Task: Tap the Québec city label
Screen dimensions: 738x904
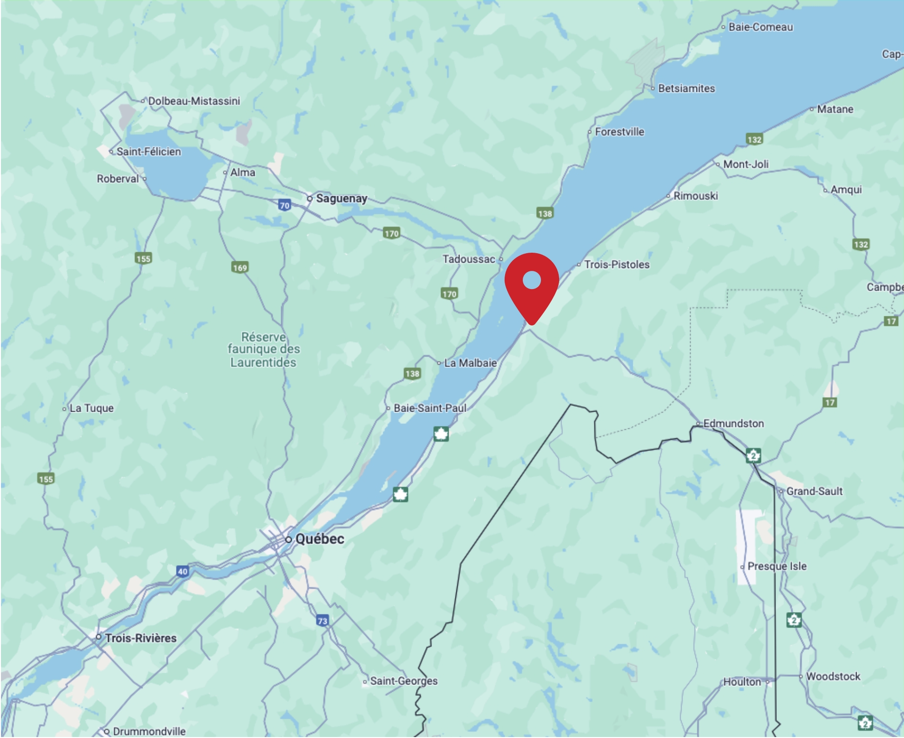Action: [x=320, y=539]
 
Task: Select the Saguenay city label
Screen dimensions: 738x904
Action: [x=341, y=198]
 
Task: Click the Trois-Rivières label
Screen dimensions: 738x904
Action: [x=141, y=638]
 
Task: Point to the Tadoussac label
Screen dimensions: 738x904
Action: [x=469, y=259]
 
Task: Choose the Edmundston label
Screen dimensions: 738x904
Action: [x=733, y=424]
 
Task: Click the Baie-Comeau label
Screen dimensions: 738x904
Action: [x=761, y=27]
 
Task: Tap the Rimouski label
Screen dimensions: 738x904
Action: [x=695, y=196]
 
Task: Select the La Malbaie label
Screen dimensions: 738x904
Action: [x=470, y=363]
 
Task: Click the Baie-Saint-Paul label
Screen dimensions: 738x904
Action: [x=430, y=408]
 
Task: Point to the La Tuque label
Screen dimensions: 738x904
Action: [x=91, y=408]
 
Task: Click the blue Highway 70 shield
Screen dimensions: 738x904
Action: [x=285, y=205]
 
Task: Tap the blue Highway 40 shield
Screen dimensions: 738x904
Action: [x=183, y=571]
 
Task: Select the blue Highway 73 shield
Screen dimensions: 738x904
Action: [x=322, y=621]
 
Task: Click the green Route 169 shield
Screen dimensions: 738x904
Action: [x=240, y=268]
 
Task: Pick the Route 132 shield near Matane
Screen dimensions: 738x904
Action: [x=754, y=139]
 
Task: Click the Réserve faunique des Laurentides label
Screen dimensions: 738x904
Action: [x=264, y=349]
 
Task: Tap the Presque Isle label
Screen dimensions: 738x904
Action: [x=777, y=566]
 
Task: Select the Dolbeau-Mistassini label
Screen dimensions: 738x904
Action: [x=194, y=101]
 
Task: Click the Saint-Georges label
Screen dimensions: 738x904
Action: [x=404, y=681]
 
